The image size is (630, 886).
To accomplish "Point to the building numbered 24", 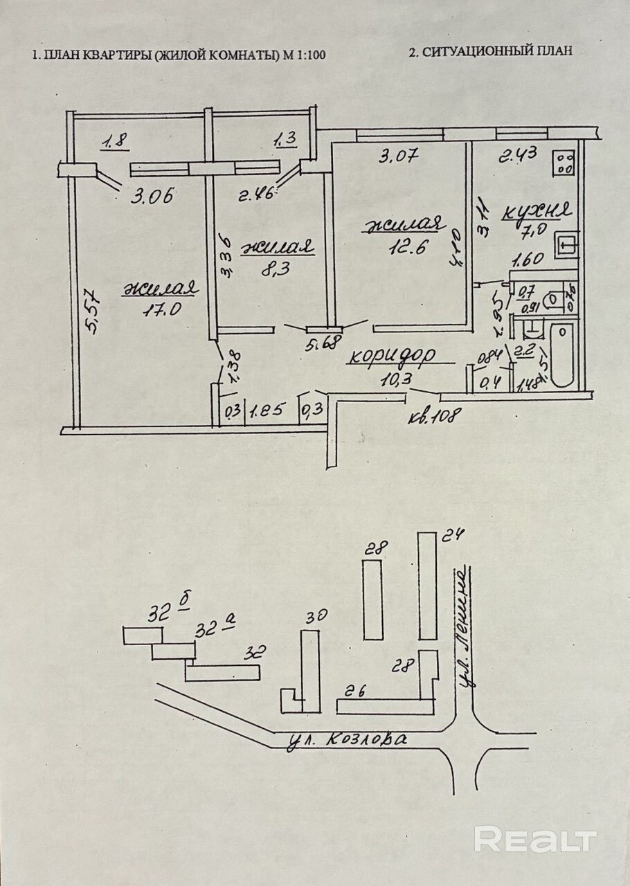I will [x=428, y=586].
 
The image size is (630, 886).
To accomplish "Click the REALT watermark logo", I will [x=534, y=839].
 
